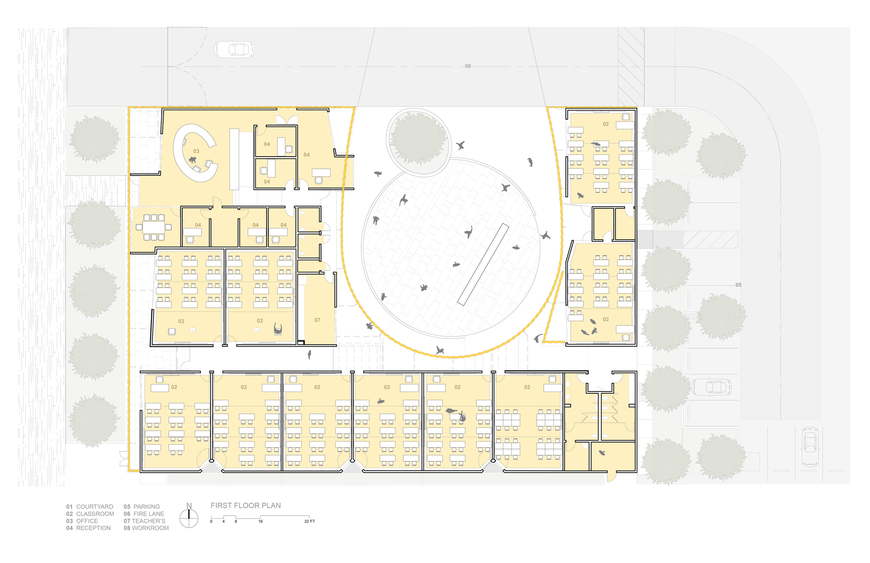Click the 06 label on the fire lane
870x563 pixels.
468,66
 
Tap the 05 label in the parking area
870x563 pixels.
738,285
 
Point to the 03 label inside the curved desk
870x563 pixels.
196,151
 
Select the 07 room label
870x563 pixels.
317,320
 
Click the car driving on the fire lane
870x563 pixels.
234,50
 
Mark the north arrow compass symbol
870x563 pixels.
189,517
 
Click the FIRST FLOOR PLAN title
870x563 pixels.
246,506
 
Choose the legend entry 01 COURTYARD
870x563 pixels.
90,507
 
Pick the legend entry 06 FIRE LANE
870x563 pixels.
144,514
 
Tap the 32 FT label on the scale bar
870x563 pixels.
309,521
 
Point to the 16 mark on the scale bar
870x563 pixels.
260,521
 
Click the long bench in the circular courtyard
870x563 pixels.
483,264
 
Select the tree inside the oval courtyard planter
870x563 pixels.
418,138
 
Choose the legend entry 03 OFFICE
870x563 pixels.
82,521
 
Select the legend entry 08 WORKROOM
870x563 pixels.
146,528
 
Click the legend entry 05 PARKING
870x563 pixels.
142,507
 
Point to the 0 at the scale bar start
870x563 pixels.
211,521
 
